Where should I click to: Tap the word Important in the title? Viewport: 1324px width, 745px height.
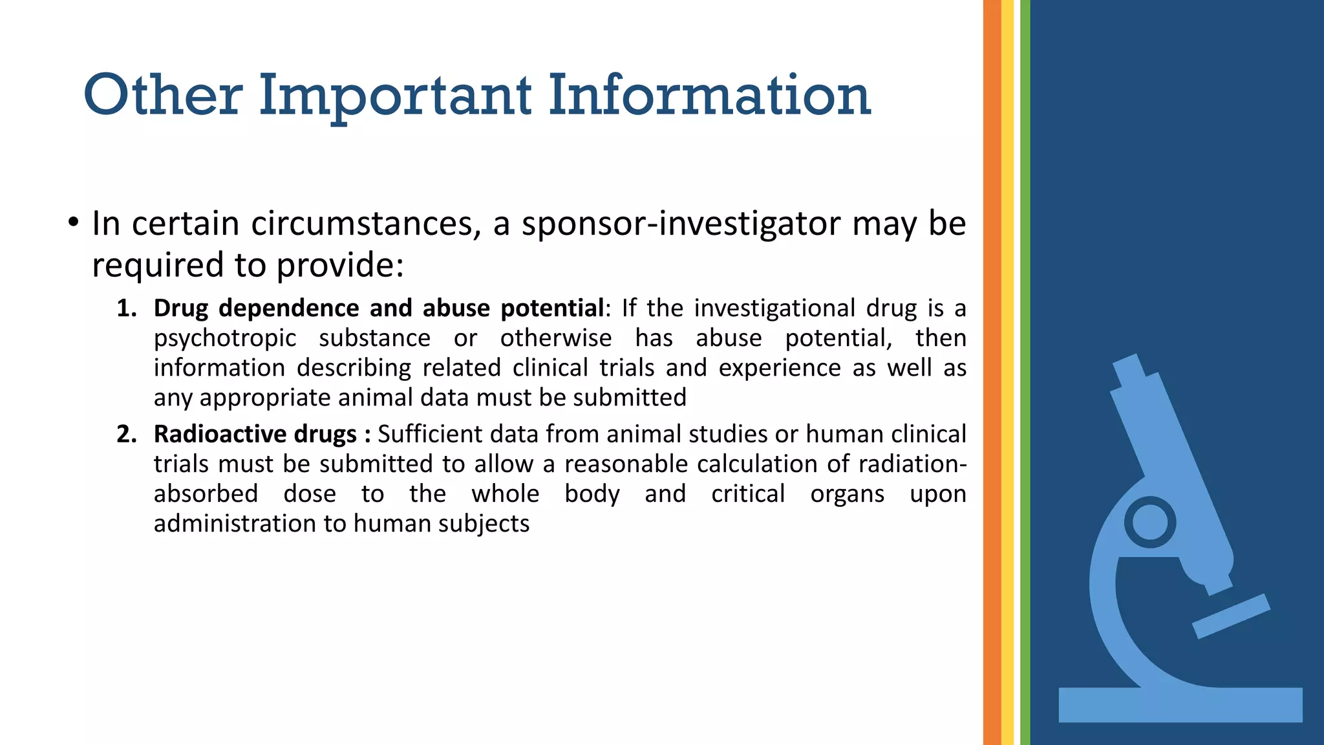[x=395, y=97]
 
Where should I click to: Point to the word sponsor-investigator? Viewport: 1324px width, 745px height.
[x=681, y=224]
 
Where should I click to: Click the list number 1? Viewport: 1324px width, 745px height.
[x=126, y=308]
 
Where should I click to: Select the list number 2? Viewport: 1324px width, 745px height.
[x=126, y=434]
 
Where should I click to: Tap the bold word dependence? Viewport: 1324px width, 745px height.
[x=288, y=308]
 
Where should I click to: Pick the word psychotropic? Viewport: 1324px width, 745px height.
[x=225, y=339]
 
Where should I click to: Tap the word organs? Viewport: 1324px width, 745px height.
[x=847, y=494]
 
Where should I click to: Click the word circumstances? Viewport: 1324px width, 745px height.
[x=366, y=224]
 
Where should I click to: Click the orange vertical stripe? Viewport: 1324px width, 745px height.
[x=992, y=372]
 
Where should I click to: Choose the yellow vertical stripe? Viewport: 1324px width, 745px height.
[x=1007, y=372]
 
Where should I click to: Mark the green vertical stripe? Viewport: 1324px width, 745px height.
[x=1025, y=372]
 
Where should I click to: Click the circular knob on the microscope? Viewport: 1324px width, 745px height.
[x=1149, y=523]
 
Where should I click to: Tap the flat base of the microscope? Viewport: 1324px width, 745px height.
[x=1180, y=705]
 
